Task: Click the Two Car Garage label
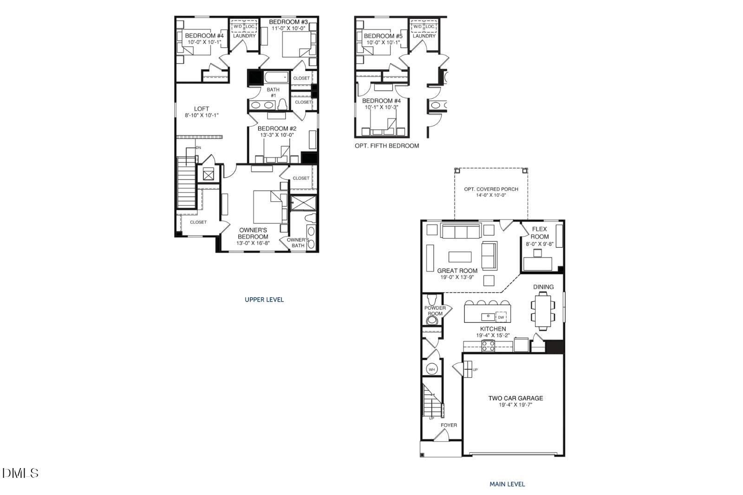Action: pyautogui.click(x=515, y=398)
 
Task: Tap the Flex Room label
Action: pyautogui.click(x=540, y=232)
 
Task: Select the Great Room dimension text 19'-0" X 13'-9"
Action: pyautogui.click(x=457, y=277)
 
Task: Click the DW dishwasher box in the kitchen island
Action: pyautogui.click(x=501, y=317)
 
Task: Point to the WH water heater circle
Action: pyautogui.click(x=432, y=369)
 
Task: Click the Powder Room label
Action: pyautogui.click(x=435, y=311)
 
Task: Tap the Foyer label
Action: pyautogui.click(x=449, y=425)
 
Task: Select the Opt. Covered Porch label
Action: pyautogui.click(x=491, y=189)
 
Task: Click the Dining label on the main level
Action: pyautogui.click(x=543, y=287)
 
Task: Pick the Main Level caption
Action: pyautogui.click(x=507, y=484)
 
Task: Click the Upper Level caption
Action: pyautogui.click(x=264, y=300)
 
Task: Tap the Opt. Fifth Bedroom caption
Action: pyautogui.click(x=386, y=146)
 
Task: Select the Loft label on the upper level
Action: pyautogui.click(x=202, y=109)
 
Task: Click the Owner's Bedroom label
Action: pyautogui.click(x=253, y=233)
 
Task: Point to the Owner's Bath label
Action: pyautogui.click(x=298, y=243)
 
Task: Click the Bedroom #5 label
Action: pyautogui.click(x=383, y=36)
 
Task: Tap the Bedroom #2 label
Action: pyautogui.click(x=277, y=129)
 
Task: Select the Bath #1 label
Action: pyautogui.click(x=273, y=92)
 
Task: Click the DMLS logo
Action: pyautogui.click(x=20, y=473)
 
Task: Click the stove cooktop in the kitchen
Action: pyautogui.click(x=488, y=346)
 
